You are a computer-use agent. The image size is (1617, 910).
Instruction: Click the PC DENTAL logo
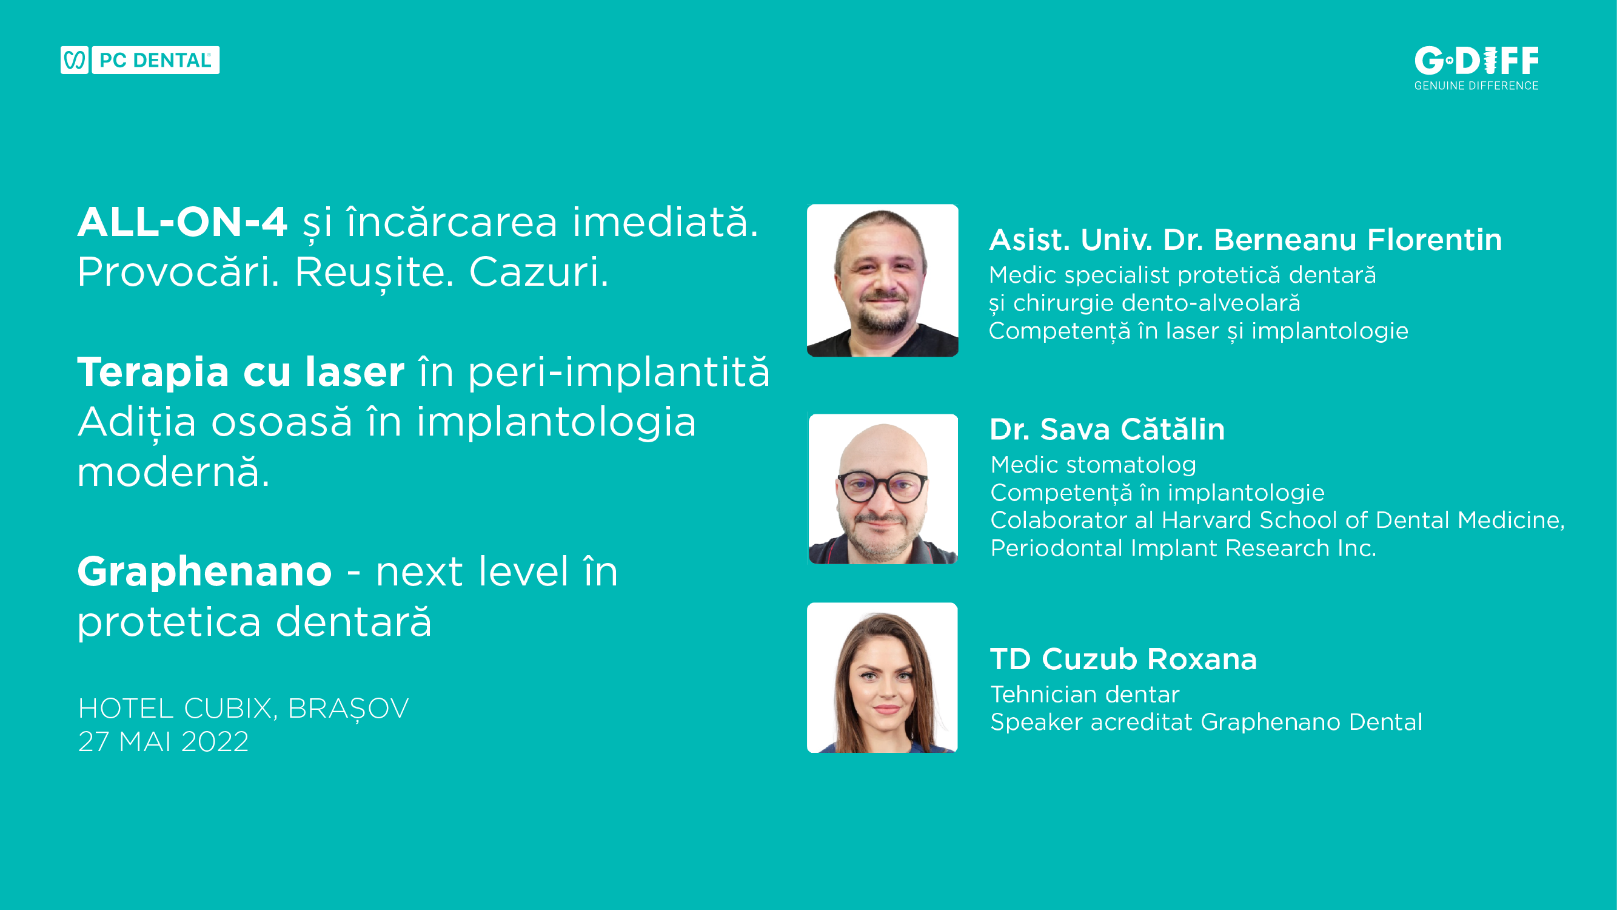pos(140,60)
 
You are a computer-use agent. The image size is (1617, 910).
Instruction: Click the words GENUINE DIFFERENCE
pos(1476,86)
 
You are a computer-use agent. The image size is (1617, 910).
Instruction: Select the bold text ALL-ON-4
pos(182,222)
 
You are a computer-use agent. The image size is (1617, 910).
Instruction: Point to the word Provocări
pos(178,272)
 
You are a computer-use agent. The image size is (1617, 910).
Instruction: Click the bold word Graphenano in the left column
pos(205,573)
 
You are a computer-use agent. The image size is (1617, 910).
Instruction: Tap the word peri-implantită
pos(619,372)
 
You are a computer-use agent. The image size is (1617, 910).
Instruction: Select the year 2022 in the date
pos(215,742)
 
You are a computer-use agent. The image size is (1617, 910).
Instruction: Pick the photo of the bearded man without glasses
pos(883,280)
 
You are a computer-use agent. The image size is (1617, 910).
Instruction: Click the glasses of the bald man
pos(882,487)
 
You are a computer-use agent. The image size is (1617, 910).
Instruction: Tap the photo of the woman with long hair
pos(883,678)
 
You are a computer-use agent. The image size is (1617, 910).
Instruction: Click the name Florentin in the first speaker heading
pos(1435,239)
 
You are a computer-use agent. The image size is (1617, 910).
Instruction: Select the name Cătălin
pos(1173,429)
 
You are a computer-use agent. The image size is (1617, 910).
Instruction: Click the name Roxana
pos(1202,659)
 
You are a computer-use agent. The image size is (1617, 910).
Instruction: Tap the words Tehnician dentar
pos(1085,695)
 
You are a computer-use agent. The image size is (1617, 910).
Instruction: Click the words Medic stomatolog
pos(1094,465)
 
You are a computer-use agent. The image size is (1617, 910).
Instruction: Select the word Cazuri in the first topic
pos(538,272)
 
